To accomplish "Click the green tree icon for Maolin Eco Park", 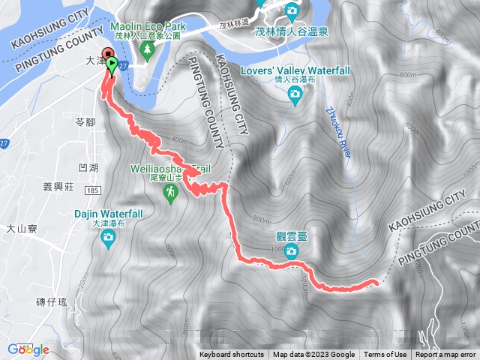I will tap(148, 48).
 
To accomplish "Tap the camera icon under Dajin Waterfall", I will tap(109, 238).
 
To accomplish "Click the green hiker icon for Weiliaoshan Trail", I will tap(172, 193).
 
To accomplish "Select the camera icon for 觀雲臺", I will tap(290, 253).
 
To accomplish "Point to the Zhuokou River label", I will tap(337, 130).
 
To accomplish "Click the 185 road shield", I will tap(93, 192).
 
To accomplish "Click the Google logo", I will tap(28, 349).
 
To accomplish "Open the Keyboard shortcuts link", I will tap(232, 355).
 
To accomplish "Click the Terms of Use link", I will tap(385, 355).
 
